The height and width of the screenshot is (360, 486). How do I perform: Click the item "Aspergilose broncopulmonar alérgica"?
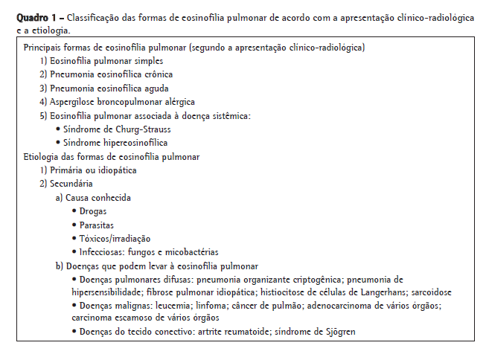[122, 101]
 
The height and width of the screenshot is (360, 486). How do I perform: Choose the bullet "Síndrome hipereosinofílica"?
[115, 142]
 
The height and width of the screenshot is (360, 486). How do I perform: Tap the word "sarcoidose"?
[430, 292]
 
